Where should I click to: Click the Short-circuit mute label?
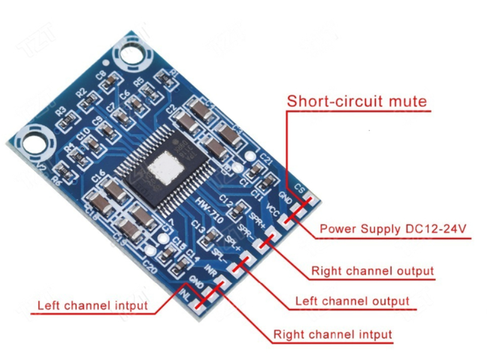(x=357, y=101)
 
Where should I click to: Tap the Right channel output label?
(x=372, y=271)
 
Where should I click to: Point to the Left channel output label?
(x=352, y=301)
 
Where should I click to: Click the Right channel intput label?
(x=332, y=334)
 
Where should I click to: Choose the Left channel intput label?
(x=92, y=305)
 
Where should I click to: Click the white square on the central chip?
(x=165, y=167)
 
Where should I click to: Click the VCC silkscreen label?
(x=273, y=210)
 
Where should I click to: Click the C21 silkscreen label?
(x=267, y=160)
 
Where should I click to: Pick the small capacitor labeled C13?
(x=210, y=238)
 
